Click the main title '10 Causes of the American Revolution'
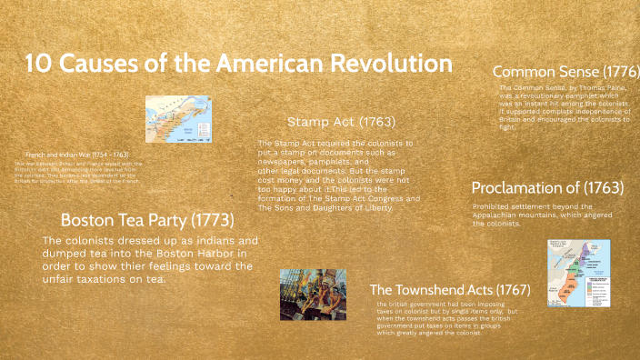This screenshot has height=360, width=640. click(238, 65)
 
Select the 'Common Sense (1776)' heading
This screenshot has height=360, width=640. click(565, 71)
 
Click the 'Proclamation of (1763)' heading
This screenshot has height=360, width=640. click(547, 188)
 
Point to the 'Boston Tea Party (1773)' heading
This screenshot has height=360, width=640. click(147, 219)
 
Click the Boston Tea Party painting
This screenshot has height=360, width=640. click(313, 294)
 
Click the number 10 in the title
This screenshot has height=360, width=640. click(37, 65)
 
